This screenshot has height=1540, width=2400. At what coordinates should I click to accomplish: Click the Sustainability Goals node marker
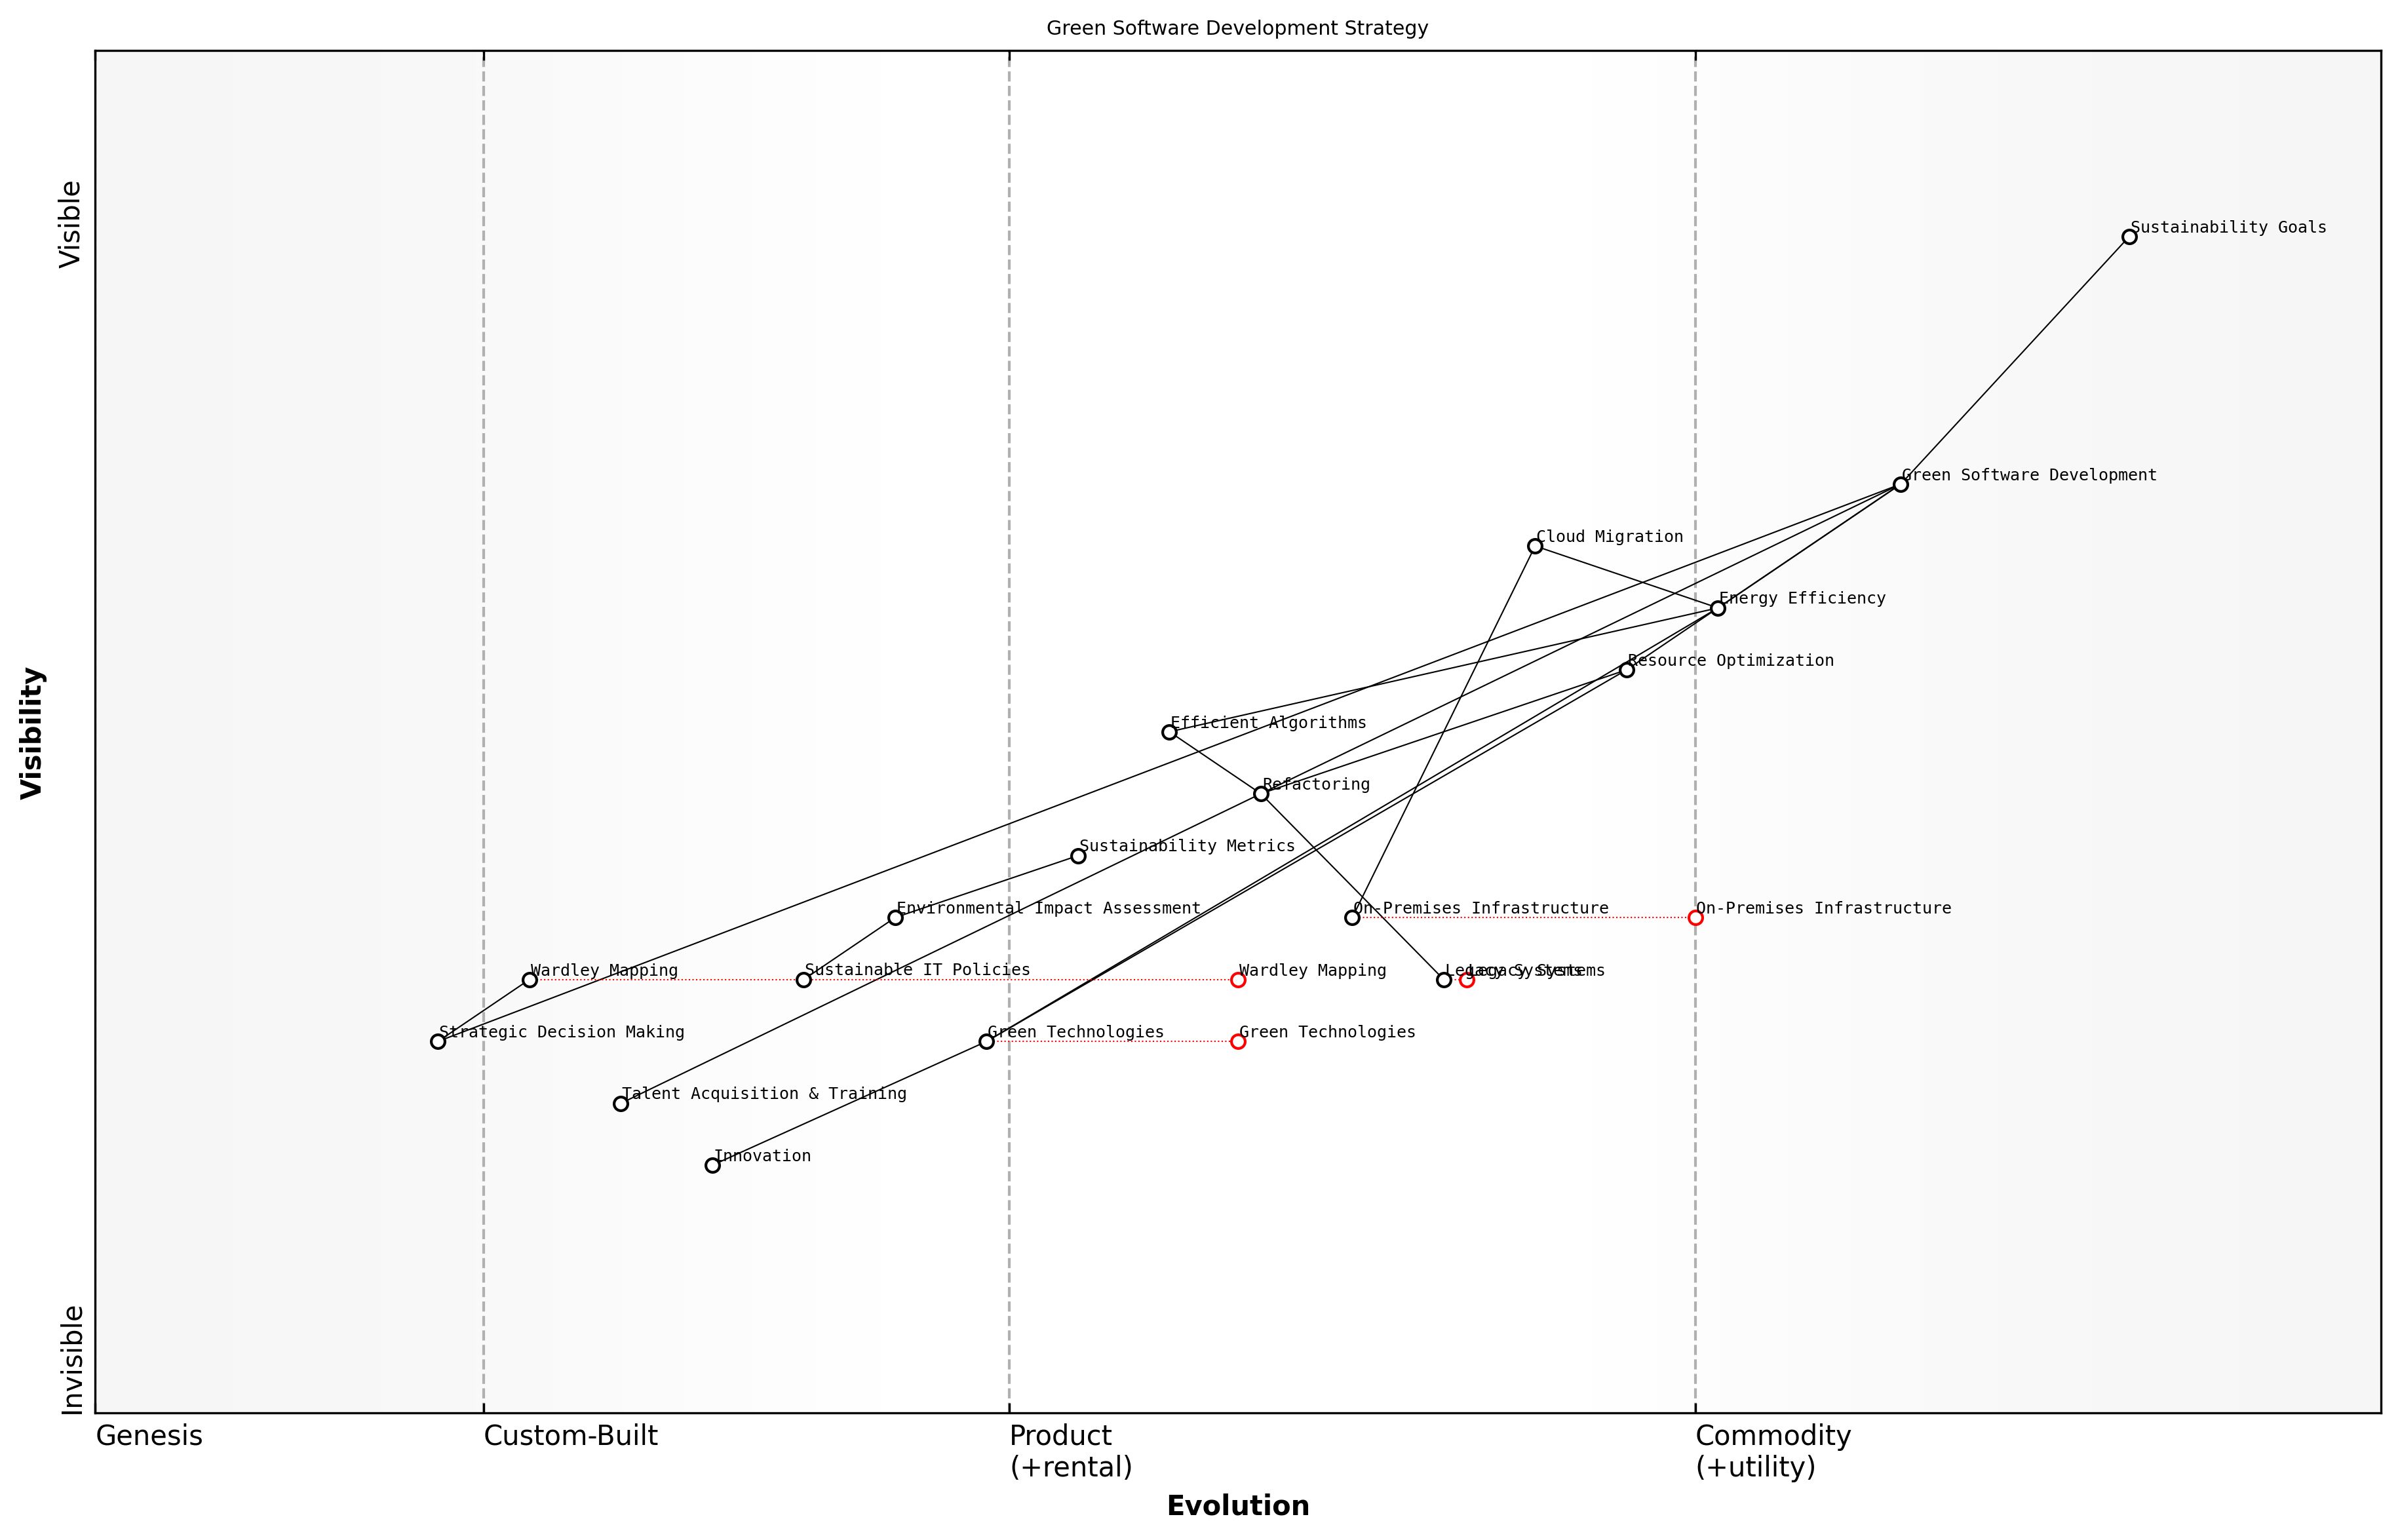click(x=2129, y=237)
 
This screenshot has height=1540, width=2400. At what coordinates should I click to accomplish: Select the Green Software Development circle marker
click(x=1900, y=484)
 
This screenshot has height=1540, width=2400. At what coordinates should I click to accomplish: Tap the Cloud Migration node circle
click(x=1535, y=546)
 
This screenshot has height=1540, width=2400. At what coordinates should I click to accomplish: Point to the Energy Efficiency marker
click(x=1718, y=608)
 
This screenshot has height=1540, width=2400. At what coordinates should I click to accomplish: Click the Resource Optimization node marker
click(x=1627, y=670)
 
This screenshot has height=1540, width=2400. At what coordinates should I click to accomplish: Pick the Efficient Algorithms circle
click(x=1169, y=732)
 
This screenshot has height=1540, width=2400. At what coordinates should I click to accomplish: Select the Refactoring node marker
click(x=1261, y=794)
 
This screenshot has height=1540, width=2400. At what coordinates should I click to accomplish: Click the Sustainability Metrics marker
click(x=1078, y=856)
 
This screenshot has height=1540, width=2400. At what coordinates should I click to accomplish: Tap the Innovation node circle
click(x=712, y=1165)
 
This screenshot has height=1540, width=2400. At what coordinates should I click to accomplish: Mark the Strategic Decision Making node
click(x=438, y=1041)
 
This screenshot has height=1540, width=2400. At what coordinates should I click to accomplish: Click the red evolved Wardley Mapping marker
click(x=1238, y=980)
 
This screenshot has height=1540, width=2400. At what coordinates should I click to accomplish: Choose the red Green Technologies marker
click(x=1238, y=1041)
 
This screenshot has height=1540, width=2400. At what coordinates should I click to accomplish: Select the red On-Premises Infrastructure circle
click(x=1695, y=918)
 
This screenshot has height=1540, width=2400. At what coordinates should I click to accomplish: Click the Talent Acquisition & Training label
click(x=764, y=1094)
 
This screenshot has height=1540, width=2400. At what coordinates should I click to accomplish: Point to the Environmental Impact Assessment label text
click(x=1048, y=908)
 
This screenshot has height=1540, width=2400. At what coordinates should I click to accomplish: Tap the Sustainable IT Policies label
click(x=917, y=970)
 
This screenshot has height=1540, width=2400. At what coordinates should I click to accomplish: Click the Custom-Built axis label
click(x=570, y=1436)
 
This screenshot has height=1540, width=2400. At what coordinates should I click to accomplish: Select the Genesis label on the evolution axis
click(x=149, y=1436)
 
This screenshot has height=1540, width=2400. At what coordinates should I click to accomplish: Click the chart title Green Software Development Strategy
click(x=1237, y=28)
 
